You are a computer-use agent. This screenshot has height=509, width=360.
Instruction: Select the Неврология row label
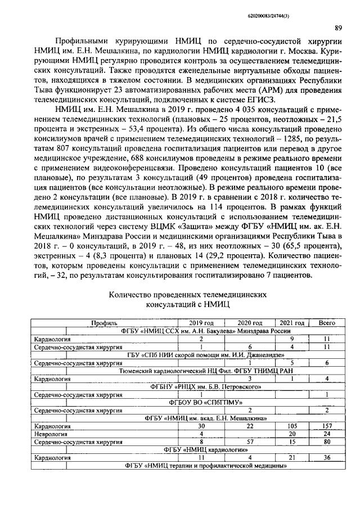pos(52,434)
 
